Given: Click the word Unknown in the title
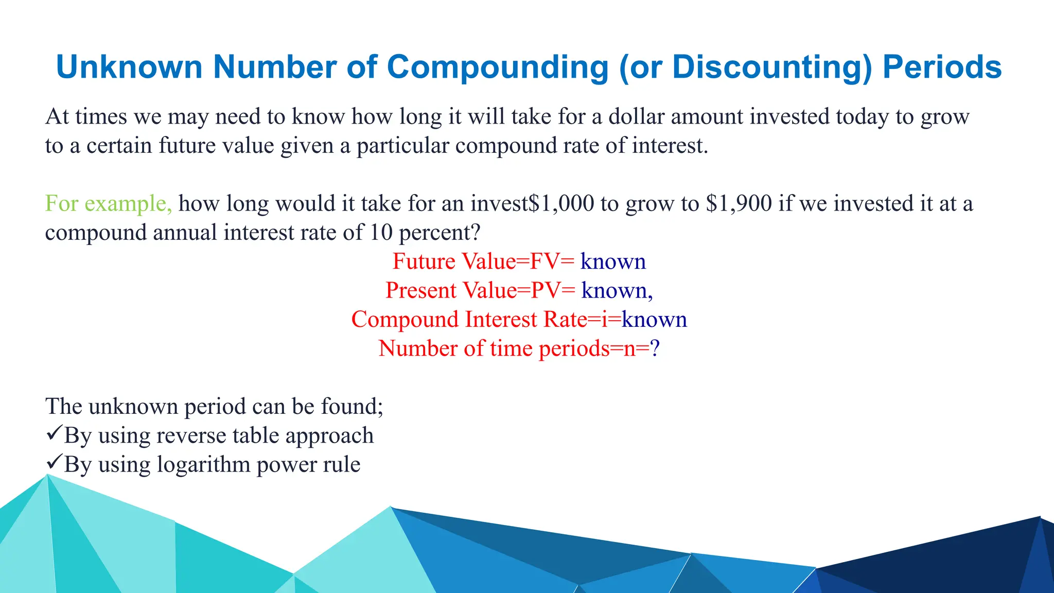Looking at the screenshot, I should point(129,67).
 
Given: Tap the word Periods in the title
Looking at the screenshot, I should point(942,67).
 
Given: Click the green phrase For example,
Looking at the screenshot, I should point(109,203).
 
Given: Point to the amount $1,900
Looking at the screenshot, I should point(739,203).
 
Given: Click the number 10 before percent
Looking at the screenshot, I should point(381,233).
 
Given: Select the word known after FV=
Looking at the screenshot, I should point(613,261).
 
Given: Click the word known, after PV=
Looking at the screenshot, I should point(617,291).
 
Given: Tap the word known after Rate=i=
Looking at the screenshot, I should point(654,320).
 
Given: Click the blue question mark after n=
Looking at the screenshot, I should point(655,348).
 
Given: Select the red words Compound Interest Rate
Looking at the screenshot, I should point(469,320).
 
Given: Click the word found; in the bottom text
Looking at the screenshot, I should point(352,407).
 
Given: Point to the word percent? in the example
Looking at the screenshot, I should point(440,233).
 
